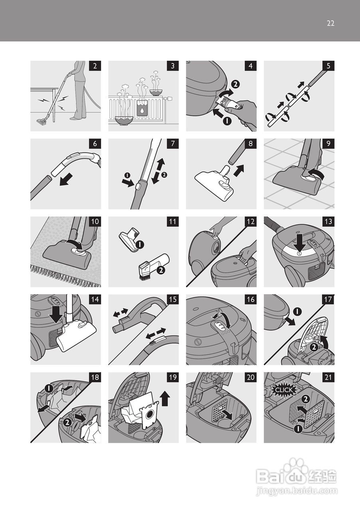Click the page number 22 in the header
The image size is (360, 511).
(330, 24)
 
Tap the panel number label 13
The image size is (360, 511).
(328, 222)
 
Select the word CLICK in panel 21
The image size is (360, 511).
(284, 390)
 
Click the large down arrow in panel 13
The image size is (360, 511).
(300, 243)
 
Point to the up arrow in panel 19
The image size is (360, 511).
(165, 398)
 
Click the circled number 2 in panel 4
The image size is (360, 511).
(235, 84)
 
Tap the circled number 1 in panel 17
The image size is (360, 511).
(297, 312)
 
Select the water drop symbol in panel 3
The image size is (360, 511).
(142, 111)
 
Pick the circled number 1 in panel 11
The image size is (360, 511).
(140, 245)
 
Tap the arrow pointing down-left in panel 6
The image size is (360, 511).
(66, 179)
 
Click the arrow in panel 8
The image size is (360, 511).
(239, 170)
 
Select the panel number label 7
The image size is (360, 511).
(173, 144)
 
